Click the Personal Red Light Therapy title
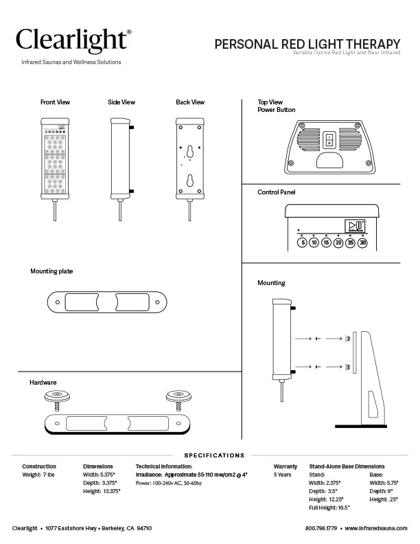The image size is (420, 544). (x=307, y=45)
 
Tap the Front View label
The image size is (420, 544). (x=55, y=102)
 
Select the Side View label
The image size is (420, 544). (x=121, y=102)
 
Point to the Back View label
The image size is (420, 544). (x=190, y=102)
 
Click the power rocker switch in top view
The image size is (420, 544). (x=329, y=141)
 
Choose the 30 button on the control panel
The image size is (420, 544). (x=363, y=242)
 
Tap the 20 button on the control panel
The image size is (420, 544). (x=338, y=242)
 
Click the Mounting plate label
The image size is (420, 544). (x=51, y=271)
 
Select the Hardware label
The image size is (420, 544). (x=43, y=382)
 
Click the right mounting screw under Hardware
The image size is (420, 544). (x=176, y=398)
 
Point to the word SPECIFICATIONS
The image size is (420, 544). (x=214, y=455)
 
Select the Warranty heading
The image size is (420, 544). (x=285, y=466)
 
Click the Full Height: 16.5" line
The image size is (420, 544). (x=330, y=508)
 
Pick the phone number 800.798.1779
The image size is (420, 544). (x=322, y=528)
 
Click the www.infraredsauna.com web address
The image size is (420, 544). (x=377, y=528)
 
